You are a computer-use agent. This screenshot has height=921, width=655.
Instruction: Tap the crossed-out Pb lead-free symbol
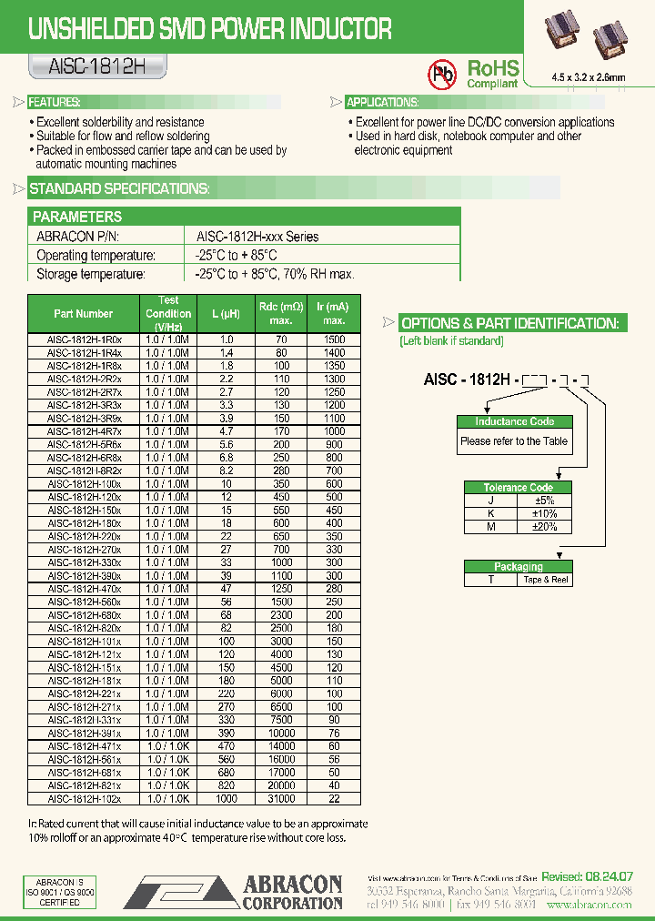[x=443, y=73]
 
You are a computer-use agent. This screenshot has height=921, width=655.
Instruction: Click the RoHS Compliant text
[x=492, y=73]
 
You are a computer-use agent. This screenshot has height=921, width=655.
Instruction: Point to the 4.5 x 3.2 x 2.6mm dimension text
[x=589, y=77]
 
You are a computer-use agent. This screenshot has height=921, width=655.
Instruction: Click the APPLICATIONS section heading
[x=382, y=103]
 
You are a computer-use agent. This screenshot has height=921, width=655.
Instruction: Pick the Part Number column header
[x=83, y=314]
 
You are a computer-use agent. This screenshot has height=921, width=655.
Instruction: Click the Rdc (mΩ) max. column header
[x=281, y=314]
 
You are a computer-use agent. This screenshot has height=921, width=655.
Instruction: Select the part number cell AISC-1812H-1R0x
[x=83, y=339]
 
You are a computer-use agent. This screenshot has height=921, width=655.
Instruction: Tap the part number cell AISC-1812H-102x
[x=83, y=799]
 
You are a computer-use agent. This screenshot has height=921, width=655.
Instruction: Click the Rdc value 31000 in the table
[x=281, y=799]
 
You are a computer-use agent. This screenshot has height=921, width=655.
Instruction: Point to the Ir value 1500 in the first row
[x=334, y=339]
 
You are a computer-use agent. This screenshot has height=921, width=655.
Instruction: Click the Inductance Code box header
[x=514, y=421]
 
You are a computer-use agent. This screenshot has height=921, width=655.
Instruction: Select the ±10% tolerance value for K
[x=545, y=513]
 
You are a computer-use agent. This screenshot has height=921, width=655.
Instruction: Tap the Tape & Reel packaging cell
[x=545, y=580]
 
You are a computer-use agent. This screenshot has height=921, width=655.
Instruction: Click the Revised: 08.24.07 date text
[x=587, y=876]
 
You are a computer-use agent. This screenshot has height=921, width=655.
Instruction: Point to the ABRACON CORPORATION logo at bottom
[x=234, y=892]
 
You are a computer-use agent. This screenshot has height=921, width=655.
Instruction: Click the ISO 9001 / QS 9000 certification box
[x=59, y=893]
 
